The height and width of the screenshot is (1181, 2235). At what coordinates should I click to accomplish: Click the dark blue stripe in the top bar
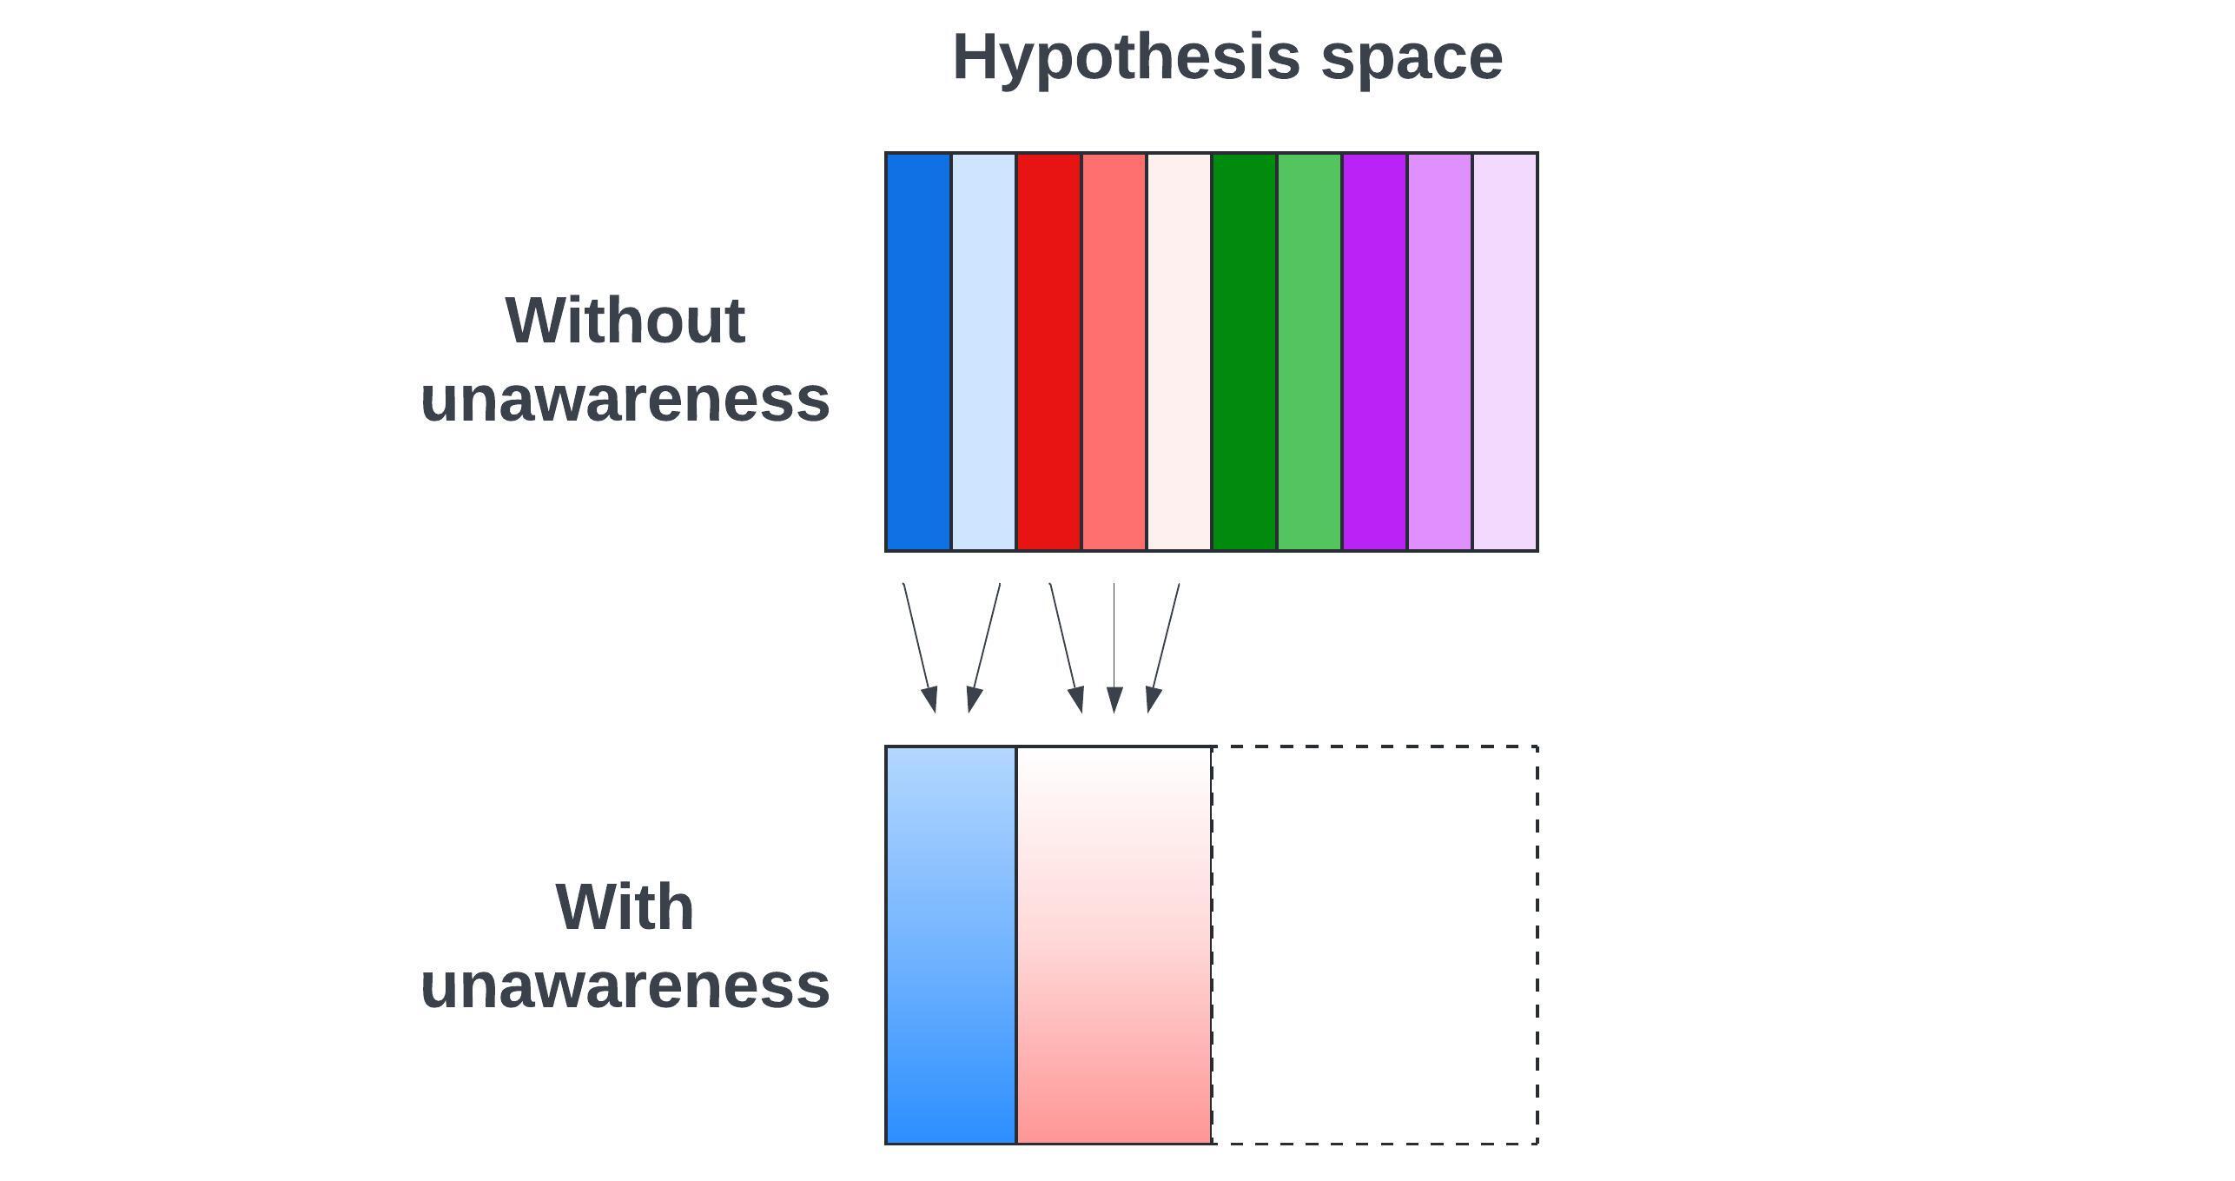(x=918, y=352)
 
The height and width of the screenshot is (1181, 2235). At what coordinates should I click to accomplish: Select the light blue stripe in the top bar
(x=983, y=352)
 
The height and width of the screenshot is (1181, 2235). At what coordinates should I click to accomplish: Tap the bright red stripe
(x=1048, y=352)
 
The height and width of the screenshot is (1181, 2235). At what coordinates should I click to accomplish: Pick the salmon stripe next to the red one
(x=1114, y=352)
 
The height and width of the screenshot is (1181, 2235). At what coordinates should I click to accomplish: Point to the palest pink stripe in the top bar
(x=1179, y=352)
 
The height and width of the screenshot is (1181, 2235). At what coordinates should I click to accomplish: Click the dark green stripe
(x=1244, y=352)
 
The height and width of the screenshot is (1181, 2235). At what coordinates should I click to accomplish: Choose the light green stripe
(x=1309, y=352)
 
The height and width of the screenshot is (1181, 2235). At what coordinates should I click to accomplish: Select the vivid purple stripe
(x=1374, y=352)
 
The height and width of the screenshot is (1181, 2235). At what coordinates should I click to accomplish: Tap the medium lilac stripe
(x=1439, y=352)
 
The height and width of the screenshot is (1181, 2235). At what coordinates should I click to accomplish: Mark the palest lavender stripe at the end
(x=1504, y=352)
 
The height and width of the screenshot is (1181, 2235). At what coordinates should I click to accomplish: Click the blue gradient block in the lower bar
(x=951, y=945)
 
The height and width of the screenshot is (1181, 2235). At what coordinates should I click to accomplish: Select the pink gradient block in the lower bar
(x=1114, y=945)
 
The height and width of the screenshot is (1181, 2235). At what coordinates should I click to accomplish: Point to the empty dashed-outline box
(x=1374, y=945)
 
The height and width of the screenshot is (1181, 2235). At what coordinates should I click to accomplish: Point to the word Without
(x=625, y=321)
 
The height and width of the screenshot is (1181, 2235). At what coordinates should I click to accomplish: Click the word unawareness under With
(x=625, y=985)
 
